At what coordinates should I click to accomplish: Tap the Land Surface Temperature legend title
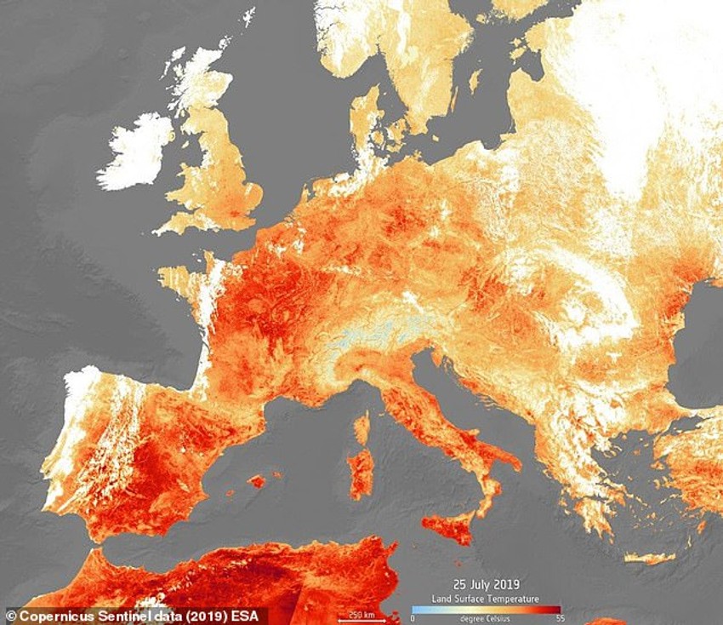(486, 599)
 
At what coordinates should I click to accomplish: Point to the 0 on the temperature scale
(413, 617)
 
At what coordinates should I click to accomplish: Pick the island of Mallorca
(256, 481)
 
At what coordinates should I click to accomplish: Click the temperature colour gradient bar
(485, 609)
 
